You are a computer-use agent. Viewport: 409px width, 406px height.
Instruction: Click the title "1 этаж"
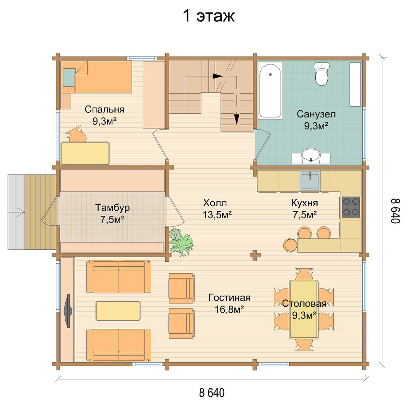click(209, 16)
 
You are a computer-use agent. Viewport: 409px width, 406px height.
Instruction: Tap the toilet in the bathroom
click(321, 74)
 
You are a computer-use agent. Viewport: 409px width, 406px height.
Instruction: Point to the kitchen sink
click(310, 181)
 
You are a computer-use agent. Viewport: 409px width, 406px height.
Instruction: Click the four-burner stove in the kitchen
click(351, 207)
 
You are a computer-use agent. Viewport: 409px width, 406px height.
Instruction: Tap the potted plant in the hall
click(181, 242)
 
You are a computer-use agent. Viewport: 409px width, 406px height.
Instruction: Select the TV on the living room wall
click(68, 310)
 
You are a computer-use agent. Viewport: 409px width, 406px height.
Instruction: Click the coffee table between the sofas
click(118, 310)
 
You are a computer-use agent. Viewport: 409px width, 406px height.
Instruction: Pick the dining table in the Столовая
click(304, 309)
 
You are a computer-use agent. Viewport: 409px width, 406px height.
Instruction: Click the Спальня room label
click(105, 110)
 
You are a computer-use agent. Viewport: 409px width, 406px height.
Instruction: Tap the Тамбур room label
click(112, 208)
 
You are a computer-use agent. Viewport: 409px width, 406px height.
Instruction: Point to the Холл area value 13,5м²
click(217, 215)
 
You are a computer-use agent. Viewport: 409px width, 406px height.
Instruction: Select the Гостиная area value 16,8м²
click(229, 309)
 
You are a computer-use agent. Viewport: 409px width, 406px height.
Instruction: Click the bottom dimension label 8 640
click(212, 393)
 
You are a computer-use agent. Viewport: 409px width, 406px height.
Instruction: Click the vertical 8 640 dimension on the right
click(395, 211)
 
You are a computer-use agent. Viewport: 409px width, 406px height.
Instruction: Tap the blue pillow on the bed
click(69, 78)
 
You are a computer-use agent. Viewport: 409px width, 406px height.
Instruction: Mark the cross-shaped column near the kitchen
click(255, 256)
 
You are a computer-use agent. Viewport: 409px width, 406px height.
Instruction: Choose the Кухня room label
click(304, 203)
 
